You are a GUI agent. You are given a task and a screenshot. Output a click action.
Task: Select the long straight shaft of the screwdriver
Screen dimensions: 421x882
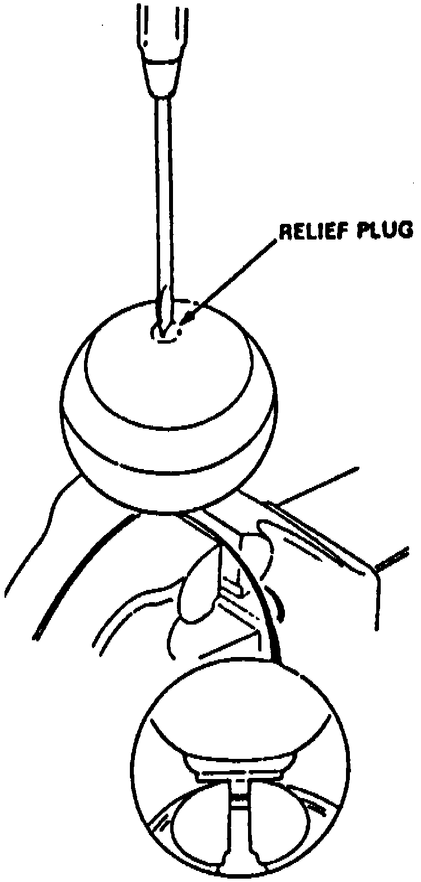(x=162, y=196)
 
